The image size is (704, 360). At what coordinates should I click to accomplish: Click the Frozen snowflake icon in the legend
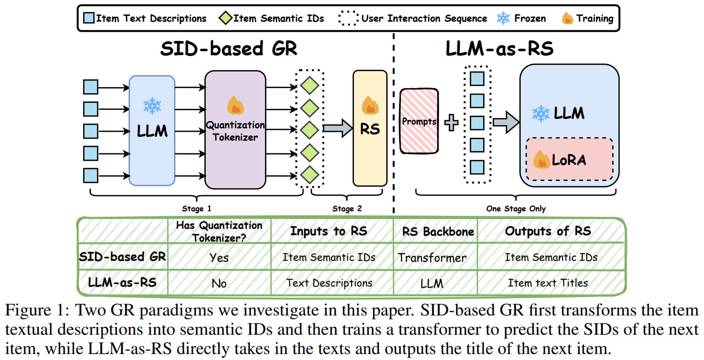coord(503,18)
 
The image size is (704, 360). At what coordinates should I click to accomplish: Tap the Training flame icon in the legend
coord(568,18)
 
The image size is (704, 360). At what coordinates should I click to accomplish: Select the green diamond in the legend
coord(225,18)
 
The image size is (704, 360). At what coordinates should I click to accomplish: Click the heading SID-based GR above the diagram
coord(229,49)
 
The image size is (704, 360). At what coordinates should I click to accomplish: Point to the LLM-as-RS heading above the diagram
coord(499,49)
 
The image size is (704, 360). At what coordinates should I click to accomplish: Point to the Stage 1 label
coord(197,209)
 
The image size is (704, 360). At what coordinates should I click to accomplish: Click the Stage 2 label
coord(347,209)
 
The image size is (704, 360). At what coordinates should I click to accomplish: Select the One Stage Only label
coord(516,209)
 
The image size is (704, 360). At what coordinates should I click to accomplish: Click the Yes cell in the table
coord(219,258)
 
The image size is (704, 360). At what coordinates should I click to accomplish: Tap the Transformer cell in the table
coord(432,258)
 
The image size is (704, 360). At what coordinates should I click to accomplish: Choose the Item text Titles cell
coord(547,283)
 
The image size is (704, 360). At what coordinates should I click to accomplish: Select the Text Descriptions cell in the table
coord(329,283)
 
